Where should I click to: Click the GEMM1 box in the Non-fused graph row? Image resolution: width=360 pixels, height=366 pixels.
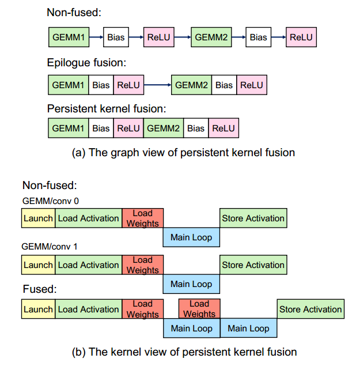[69, 37]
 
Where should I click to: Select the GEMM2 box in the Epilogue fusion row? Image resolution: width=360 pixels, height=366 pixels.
[192, 85]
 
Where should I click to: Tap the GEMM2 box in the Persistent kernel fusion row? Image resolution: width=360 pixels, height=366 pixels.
[164, 128]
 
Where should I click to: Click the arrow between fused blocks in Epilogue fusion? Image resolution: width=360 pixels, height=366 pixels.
[157, 85]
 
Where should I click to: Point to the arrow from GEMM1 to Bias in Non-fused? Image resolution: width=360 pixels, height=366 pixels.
[96, 37]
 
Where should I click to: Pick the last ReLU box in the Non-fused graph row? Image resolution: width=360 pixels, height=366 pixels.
[301, 37]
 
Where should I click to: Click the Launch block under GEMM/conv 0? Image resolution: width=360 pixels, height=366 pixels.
[38, 218]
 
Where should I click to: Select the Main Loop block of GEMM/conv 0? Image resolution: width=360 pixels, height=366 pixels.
[191, 237]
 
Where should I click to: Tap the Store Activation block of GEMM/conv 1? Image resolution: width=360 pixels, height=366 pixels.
[253, 265]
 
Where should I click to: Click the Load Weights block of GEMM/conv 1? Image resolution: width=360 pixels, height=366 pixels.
[142, 265]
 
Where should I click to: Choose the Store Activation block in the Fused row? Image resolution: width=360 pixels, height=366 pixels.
[310, 309]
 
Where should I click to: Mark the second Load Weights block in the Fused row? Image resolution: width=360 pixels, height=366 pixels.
[199, 309]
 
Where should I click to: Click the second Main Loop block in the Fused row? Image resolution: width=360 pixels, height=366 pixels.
[248, 328]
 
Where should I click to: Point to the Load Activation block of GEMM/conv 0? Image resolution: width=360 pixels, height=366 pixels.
[89, 218]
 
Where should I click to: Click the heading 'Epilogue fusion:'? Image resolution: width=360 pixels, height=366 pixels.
[86, 63]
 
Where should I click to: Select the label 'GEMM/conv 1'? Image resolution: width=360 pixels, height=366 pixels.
[50, 247]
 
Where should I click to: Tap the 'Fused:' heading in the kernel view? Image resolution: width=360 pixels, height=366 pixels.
[40, 289]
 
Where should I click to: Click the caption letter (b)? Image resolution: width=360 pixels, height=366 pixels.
[78, 352]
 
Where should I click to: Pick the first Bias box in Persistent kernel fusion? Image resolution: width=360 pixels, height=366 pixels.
[101, 128]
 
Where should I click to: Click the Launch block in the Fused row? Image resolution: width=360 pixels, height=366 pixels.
[38, 309]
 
